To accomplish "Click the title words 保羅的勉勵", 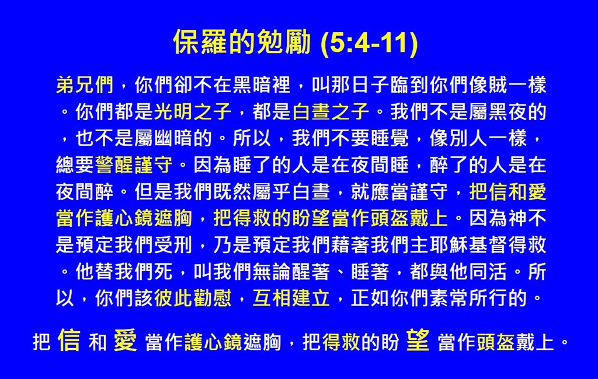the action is [x=242, y=42].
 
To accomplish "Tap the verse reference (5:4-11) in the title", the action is [x=369, y=43].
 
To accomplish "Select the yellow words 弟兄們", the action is [x=85, y=85].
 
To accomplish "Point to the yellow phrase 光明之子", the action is [x=193, y=111].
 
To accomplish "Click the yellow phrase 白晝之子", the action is [x=331, y=111].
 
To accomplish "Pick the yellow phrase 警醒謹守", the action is [x=134, y=164].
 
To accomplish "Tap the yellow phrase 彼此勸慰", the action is [x=193, y=298].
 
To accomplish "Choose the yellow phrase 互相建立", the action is [x=291, y=298].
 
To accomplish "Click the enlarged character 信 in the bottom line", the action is [x=69, y=340].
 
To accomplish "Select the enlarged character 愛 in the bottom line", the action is [x=125, y=340].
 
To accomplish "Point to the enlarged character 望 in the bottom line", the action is [x=418, y=340].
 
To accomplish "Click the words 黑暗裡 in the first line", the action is [x=262, y=85].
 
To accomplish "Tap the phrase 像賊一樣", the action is [x=507, y=85].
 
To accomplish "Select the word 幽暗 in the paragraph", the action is [x=173, y=138].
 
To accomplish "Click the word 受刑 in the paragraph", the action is [x=173, y=244].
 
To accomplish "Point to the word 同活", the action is [x=488, y=271].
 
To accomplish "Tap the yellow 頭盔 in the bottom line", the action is [x=496, y=342].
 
